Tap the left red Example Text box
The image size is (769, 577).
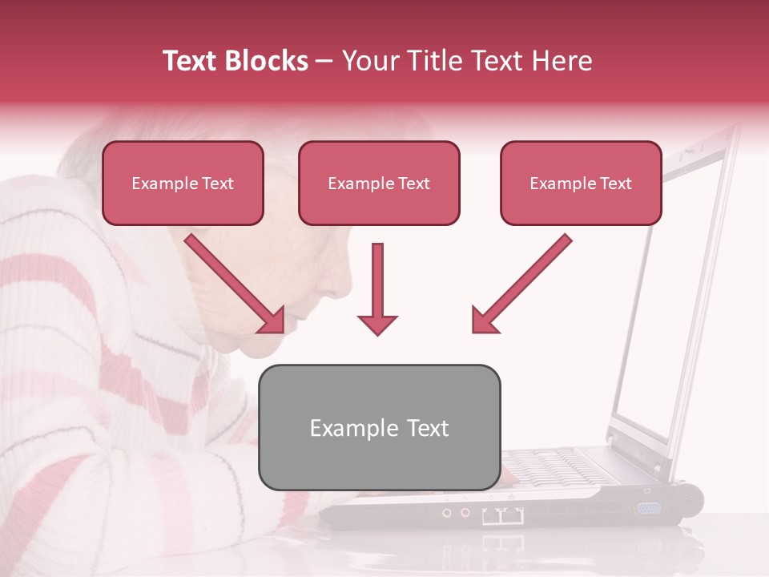183,184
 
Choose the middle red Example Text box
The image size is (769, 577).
379,184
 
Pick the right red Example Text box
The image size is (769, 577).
581,184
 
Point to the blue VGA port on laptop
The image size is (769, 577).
647,507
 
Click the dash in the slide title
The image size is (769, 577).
324,61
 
